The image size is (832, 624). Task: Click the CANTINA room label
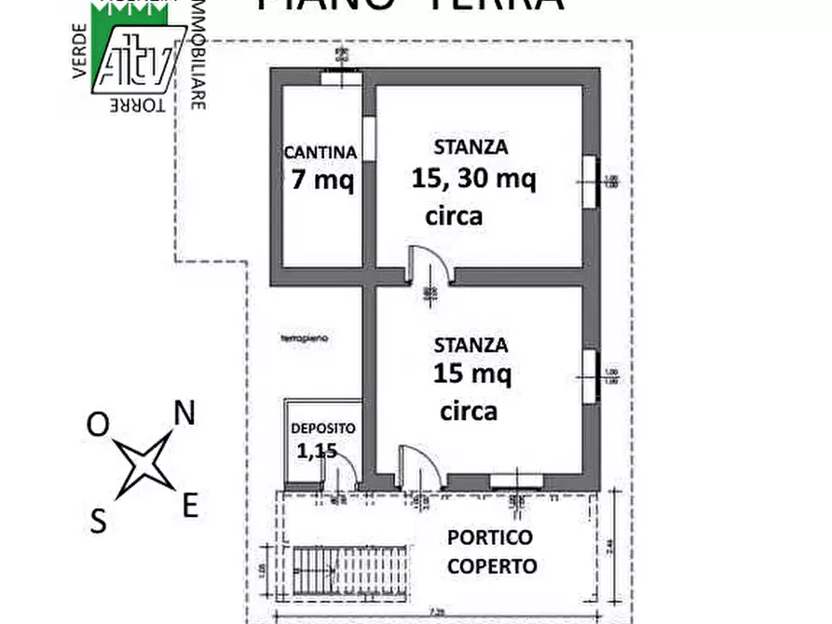[320, 151]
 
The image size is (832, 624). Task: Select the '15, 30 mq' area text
[473, 178]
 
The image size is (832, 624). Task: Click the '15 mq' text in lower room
[471, 374]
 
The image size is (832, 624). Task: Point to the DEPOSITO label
[322, 428]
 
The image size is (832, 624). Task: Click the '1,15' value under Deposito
[316, 452]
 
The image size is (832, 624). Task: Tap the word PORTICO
[490, 537]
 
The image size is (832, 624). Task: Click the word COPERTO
[492, 565]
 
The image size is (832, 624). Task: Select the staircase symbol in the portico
[351, 563]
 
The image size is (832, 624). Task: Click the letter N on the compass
[185, 414]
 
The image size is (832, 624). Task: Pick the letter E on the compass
[189, 506]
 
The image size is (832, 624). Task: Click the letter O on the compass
[98, 425]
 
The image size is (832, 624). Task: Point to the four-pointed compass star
[144, 464]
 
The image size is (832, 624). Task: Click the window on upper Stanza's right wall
[589, 181]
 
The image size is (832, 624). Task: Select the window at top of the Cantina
[342, 76]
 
